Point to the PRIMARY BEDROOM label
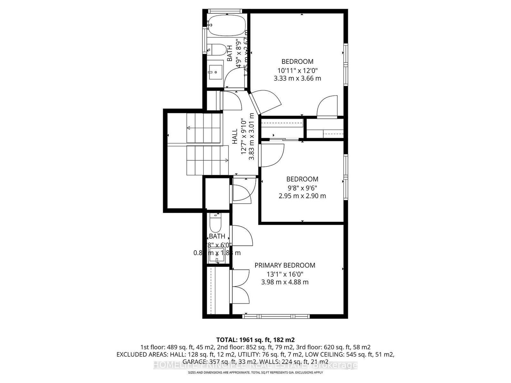coord(285,265)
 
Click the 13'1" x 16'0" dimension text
coord(285,274)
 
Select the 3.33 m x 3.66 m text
coord(297,78)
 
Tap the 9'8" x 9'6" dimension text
coord(302,188)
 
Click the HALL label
coord(235,136)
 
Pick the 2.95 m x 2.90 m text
coord(302,196)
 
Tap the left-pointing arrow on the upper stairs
coord(188,128)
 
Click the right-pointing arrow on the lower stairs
coord(226,160)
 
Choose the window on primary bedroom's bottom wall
coord(276,316)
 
